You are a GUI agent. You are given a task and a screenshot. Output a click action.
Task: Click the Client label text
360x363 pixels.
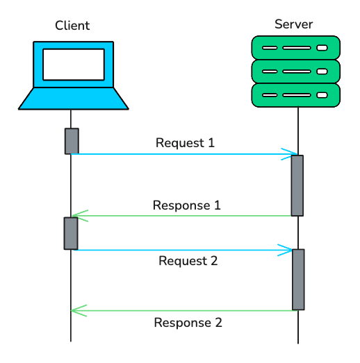[72, 26]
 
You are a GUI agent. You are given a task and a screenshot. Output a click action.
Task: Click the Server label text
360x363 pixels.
[293, 24]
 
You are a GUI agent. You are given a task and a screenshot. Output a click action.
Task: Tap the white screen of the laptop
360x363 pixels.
[73, 64]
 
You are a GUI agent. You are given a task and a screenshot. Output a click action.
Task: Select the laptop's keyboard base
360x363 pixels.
[73, 99]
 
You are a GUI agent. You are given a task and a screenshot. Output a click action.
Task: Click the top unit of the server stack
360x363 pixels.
[295, 47]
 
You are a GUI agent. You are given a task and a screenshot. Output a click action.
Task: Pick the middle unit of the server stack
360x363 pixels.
[295, 71]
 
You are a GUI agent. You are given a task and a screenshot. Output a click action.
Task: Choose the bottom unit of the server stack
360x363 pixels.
[295, 94]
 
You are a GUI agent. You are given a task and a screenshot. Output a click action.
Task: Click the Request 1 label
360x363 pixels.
[185, 143]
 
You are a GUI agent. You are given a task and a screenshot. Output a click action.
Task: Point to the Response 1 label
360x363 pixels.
[186, 205]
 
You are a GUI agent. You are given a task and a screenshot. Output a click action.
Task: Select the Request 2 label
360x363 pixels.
[188, 261]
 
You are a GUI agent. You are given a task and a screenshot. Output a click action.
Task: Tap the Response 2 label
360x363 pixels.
[188, 323]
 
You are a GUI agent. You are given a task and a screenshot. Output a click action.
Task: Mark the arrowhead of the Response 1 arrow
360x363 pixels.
[77, 216]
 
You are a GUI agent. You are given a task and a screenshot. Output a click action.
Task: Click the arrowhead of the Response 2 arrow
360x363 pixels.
[77, 310]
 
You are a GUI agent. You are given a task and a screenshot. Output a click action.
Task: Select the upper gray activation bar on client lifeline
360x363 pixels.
[72, 141]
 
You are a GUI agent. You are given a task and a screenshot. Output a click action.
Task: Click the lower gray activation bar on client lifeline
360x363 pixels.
[71, 233]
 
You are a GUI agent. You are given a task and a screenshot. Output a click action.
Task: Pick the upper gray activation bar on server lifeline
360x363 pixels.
[297, 185]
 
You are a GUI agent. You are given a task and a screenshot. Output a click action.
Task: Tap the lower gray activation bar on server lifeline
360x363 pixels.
[298, 279]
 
